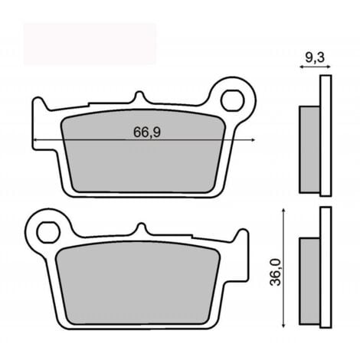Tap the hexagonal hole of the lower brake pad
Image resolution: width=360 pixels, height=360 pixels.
coord(47,229)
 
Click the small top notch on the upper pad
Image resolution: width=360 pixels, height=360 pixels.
coord(138,98)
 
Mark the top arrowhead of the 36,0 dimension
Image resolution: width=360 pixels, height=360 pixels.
coord(286,210)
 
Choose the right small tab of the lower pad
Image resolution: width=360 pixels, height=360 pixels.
coord(238,235)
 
